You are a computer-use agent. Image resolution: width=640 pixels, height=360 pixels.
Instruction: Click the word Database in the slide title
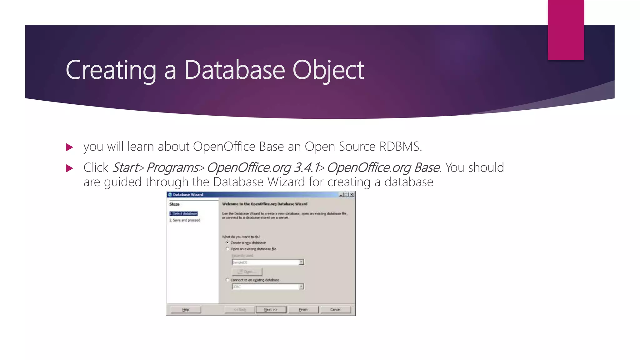coord(234,70)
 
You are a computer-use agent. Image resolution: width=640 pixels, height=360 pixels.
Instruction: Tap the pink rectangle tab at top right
coord(566,30)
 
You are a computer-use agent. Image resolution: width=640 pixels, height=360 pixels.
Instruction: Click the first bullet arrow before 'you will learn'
coord(70,147)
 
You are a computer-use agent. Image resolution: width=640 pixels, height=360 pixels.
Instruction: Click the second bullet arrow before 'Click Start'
coord(70,168)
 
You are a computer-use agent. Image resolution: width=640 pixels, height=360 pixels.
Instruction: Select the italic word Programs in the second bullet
coord(172,168)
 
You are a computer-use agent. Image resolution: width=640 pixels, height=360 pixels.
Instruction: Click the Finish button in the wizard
coord(303,309)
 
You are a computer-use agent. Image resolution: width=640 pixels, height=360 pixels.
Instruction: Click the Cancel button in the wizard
coord(335,309)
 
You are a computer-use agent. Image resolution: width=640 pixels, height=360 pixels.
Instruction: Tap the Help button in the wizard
coord(186,309)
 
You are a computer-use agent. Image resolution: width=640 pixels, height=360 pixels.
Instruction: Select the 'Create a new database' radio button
coord(227,242)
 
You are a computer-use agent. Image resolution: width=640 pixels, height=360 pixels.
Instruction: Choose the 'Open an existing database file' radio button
coord(227,249)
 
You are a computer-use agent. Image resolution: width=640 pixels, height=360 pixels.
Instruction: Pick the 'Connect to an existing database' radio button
coord(227,280)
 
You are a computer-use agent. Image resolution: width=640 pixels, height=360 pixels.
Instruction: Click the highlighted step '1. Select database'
coord(183,214)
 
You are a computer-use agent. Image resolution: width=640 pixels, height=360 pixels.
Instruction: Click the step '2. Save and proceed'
coord(185,220)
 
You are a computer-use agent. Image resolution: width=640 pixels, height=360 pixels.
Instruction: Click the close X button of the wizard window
coord(352,194)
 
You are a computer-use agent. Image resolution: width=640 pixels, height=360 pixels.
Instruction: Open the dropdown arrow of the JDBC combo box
coord(301,287)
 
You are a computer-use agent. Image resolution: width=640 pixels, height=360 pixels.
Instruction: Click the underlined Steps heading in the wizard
coord(174,204)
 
